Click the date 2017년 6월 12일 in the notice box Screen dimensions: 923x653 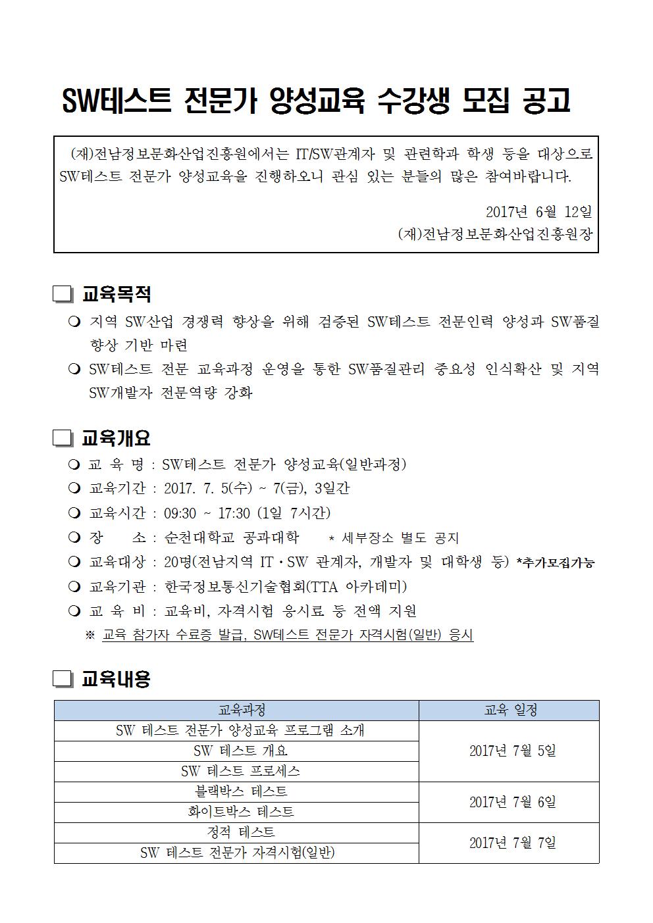pyautogui.click(x=539, y=212)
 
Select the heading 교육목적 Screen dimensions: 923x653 pyautogui.click(x=117, y=294)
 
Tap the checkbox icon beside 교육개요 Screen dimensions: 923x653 pyautogui.click(x=63, y=438)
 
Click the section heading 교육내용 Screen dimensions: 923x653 pyautogui.click(x=116, y=679)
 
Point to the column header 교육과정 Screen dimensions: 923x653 pyautogui.click(x=236, y=711)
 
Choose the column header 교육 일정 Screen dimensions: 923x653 pyautogui.click(x=509, y=711)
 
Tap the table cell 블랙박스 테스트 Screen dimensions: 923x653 pyautogui.click(x=236, y=792)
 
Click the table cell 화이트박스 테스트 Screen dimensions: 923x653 pyautogui.click(x=236, y=812)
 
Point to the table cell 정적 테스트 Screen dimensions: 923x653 pyautogui.click(x=236, y=833)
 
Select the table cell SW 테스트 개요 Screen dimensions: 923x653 pyautogui.click(x=236, y=751)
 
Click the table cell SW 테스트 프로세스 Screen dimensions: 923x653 pyautogui.click(x=236, y=772)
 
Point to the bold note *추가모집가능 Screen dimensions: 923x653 pyautogui.click(x=556, y=563)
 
